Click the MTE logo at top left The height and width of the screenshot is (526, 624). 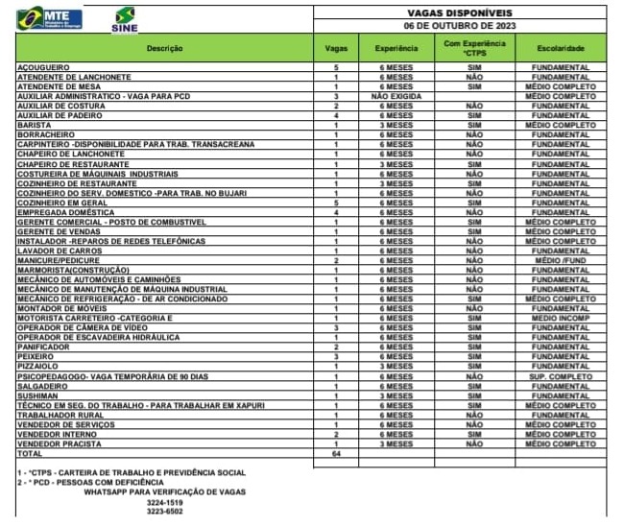49,17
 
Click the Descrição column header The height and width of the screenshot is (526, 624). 162,47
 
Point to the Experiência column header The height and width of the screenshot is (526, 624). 396,47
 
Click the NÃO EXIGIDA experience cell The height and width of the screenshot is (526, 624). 396,96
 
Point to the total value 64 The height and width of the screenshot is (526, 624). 337,453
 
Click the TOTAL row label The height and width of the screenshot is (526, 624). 31,453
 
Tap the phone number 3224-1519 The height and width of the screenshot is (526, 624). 165,501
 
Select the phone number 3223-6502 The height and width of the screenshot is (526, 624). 165,512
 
